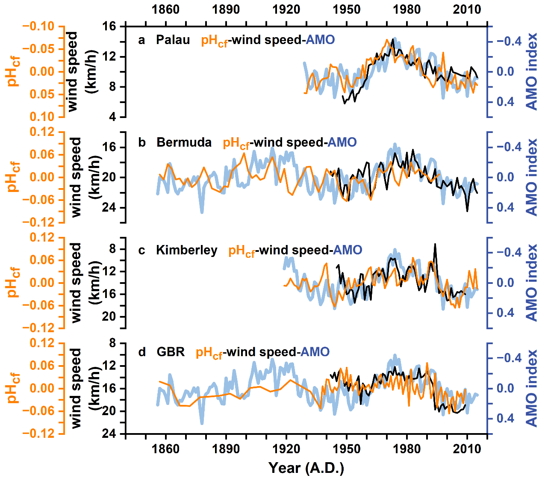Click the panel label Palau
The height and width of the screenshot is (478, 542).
click(173, 40)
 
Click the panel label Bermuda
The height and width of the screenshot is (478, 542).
click(184, 142)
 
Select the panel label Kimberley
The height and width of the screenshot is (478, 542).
click(186, 250)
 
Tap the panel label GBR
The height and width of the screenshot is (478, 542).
click(171, 352)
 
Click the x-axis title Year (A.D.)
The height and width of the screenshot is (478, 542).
click(306, 468)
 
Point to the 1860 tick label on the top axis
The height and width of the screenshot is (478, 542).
click(166, 9)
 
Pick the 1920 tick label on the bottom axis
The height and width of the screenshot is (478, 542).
click(286, 449)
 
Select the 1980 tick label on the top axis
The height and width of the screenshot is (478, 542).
click(407, 9)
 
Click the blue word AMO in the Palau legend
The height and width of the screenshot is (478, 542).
click(320, 40)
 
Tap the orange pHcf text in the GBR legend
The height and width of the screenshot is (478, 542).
click(209, 353)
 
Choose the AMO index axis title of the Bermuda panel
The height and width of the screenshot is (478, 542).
click(531, 177)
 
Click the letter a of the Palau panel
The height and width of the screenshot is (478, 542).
click(141, 41)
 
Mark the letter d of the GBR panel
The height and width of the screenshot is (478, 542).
click(142, 352)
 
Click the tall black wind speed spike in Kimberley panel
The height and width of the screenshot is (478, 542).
click(435, 245)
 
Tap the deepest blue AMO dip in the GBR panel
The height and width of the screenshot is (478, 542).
click(202, 423)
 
